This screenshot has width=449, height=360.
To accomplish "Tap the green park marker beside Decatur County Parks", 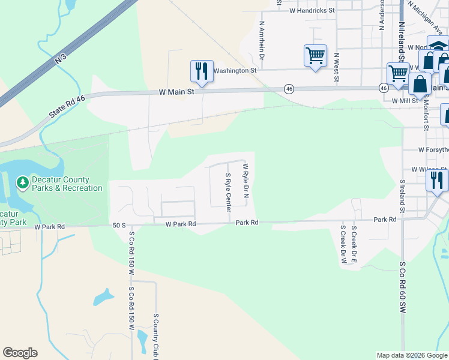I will (22, 181).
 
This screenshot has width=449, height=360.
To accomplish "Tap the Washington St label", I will (235, 70).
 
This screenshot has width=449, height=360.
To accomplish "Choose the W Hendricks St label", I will (312, 11).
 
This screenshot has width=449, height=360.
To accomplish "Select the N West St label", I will (337, 67).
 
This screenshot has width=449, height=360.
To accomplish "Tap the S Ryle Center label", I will (228, 192).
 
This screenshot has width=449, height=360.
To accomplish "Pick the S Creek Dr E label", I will (354, 245).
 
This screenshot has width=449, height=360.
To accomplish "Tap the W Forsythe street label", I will (433, 149).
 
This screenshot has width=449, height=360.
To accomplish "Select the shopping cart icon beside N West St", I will (315, 56).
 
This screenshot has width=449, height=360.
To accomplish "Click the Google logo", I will (20, 353).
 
